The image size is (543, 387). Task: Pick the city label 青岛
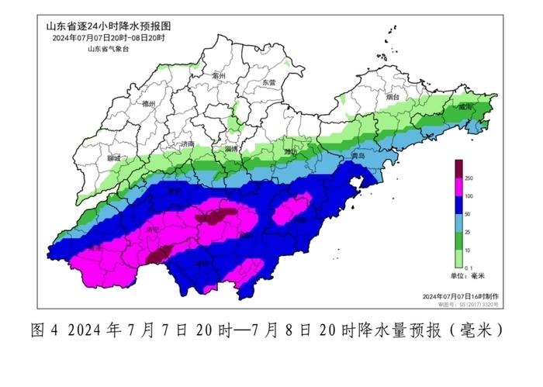(356, 156)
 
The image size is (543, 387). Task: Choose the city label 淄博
(231, 147)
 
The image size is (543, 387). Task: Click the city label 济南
(187, 144)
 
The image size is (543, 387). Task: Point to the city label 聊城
(115, 158)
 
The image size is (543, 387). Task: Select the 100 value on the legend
(469, 197)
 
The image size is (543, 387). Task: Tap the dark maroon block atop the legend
(458, 168)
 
